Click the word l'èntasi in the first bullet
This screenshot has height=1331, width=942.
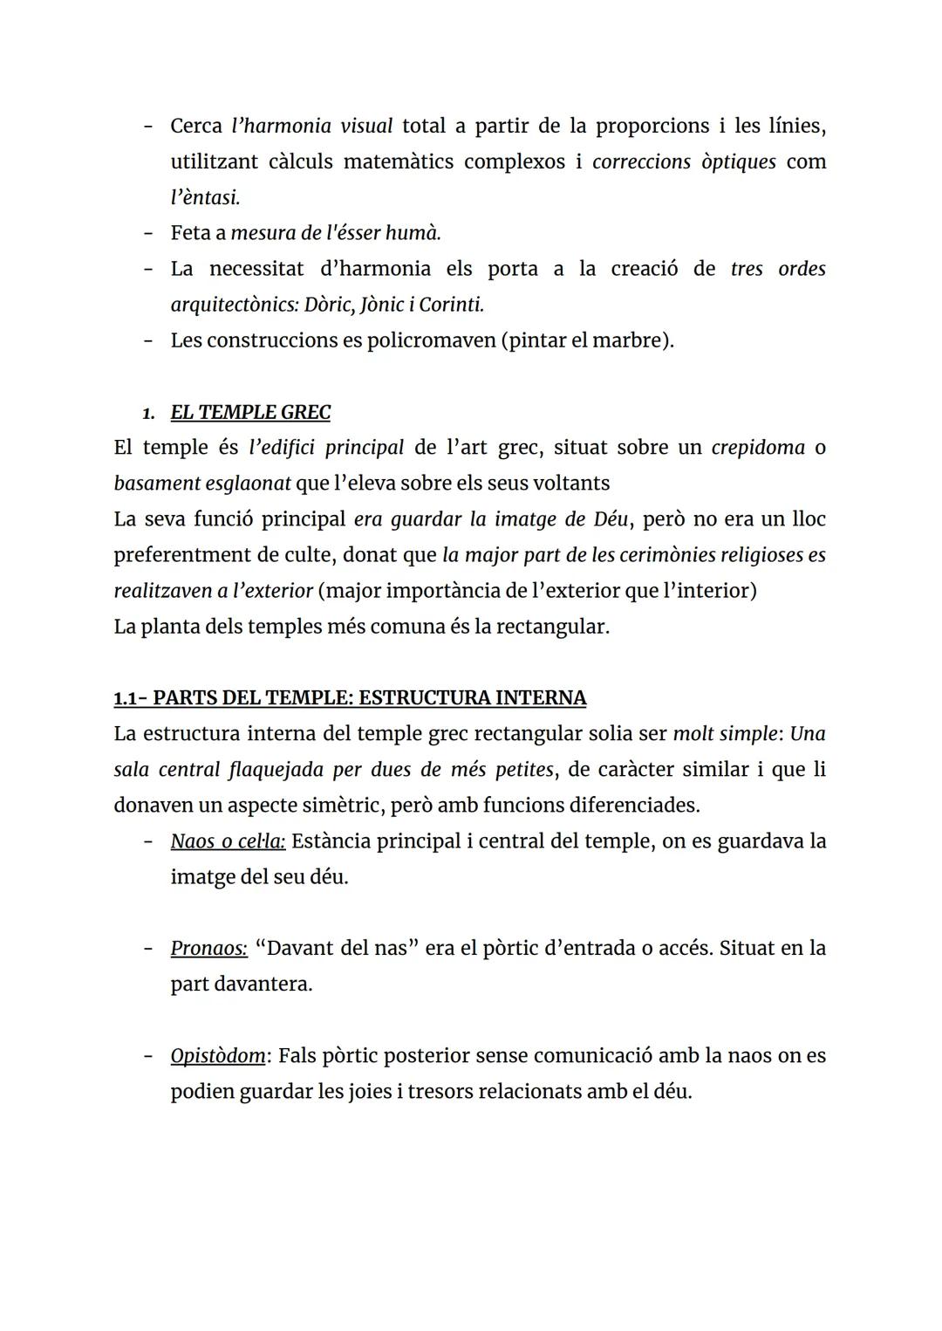(x=204, y=197)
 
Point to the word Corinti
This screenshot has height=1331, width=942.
(x=451, y=305)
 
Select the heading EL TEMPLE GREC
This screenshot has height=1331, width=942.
(x=250, y=412)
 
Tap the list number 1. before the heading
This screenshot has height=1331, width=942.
(x=149, y=413)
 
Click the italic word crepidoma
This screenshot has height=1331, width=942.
(x=758, y=448)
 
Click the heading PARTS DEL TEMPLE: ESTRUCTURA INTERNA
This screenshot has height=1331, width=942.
(x=350, y=698)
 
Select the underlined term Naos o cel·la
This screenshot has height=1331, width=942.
(x=228, y=841)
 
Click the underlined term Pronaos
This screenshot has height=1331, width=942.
(x=208, y=949)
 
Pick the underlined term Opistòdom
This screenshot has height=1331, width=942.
(x=217, y=1056)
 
